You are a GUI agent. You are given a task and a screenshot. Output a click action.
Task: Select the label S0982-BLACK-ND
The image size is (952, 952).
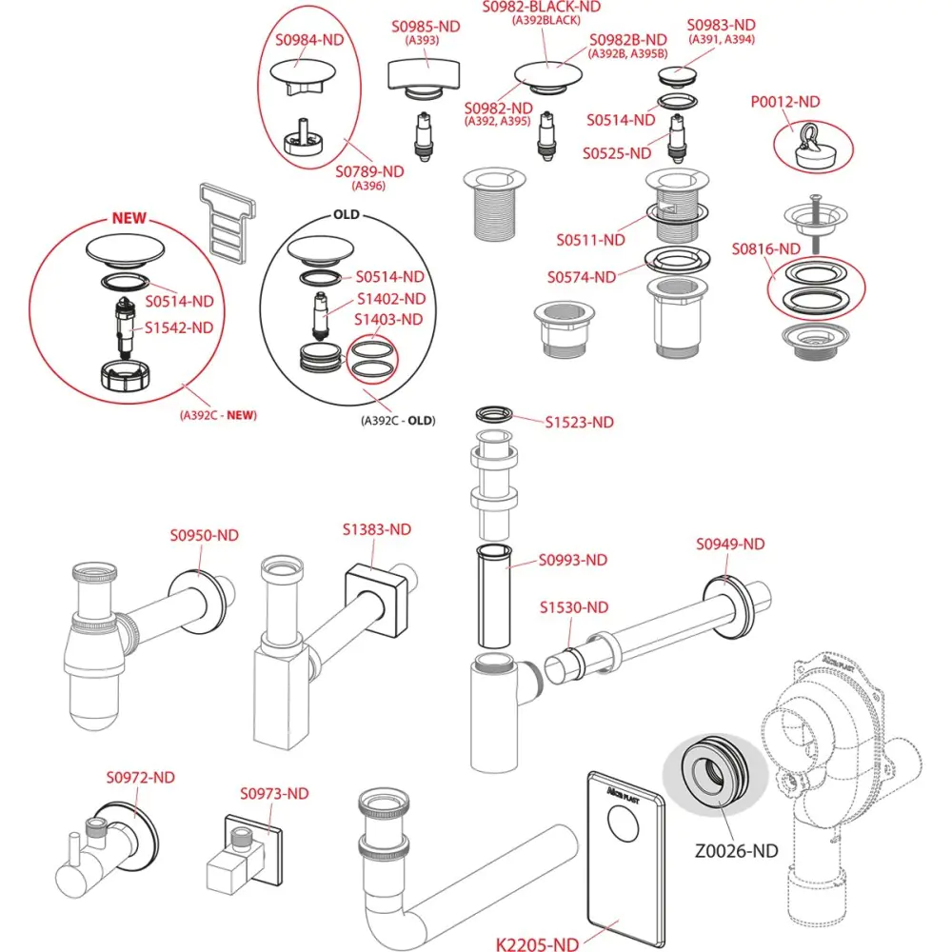point(542,7)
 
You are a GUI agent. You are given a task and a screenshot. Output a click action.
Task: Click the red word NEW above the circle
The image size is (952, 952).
point(129,217)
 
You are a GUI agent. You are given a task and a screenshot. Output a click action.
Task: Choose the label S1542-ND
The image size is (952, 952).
point(180,327)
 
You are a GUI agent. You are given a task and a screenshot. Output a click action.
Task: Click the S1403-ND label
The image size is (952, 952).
point(389,320)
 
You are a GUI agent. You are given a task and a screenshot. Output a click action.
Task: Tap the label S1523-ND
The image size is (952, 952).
point(580,422)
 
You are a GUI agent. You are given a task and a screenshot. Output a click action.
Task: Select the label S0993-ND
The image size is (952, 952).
point(573,560)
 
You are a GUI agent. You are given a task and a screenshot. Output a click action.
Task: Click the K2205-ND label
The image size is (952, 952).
point(537,944)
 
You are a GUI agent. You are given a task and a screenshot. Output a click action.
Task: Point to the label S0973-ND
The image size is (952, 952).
point(274,793)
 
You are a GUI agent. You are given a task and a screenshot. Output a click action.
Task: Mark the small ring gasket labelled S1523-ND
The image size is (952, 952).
point(494,412)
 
